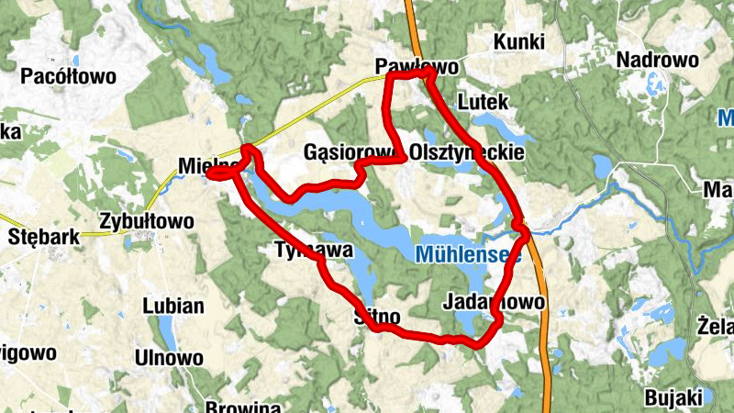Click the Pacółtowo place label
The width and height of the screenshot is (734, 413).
coord(69,77)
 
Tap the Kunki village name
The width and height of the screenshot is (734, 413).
coord(518,42)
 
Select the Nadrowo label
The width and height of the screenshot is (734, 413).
coord(658,61)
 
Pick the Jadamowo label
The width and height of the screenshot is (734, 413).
coord(494,302)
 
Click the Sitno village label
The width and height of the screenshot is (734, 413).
coord(377,318)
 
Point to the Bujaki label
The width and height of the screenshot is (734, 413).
coord(673,397)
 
